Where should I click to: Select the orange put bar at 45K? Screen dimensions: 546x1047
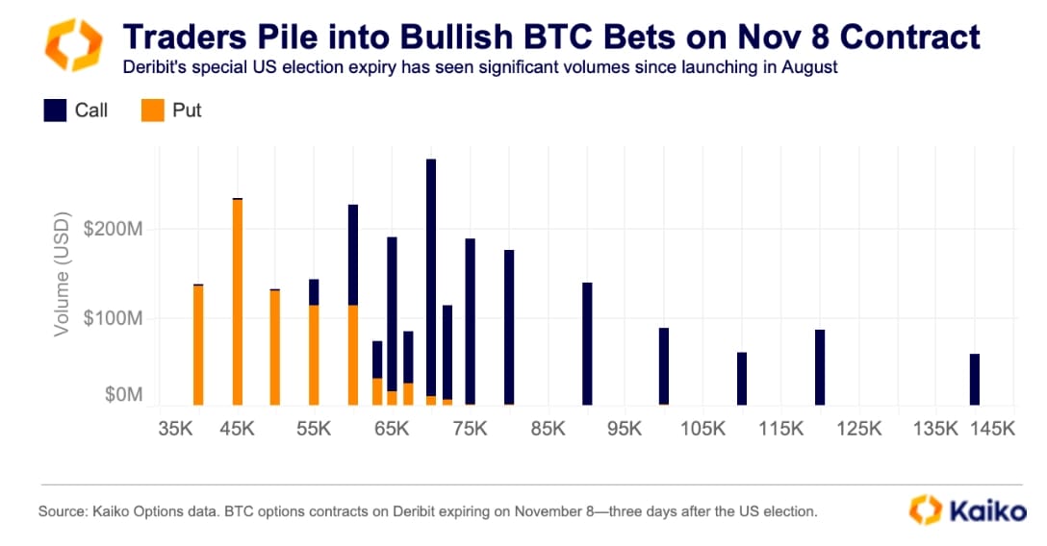point(238,302)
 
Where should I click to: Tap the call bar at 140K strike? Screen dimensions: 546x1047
point(975,380)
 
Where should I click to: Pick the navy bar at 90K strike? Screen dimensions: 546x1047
point(587,343)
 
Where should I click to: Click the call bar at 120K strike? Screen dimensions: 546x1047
point(820,367)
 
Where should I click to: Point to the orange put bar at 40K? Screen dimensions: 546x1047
point(198,345)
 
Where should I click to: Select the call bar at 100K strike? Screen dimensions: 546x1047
point(664,366)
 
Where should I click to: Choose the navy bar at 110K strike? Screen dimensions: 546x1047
point(742,379)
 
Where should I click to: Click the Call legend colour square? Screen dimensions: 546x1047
point(55,111)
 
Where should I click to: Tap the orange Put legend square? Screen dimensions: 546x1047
point(152,111)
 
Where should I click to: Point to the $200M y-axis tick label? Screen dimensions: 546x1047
point(115,230)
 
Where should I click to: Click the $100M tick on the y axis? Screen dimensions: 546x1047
point(115,318)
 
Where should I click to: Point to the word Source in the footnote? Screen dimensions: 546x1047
point(61,511)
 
